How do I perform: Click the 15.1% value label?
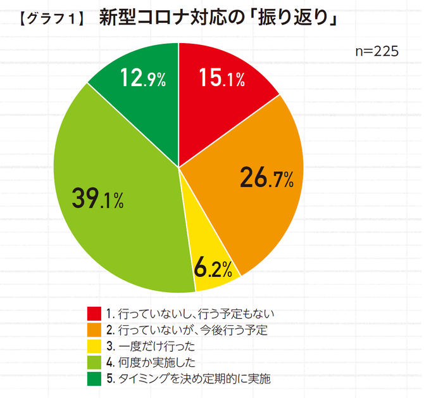pos(221,79)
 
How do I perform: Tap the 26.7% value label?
pos(266,179)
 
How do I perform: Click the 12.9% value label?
pos(142,79)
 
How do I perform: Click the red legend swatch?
pos(94,314)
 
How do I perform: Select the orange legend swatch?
pos(94,330)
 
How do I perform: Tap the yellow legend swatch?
pos(94,347)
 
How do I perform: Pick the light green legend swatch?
pos(94,363)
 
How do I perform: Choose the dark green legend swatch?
pos(94,380)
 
